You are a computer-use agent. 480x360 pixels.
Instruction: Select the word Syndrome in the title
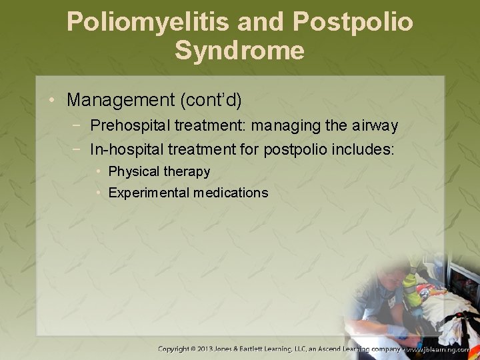(240, 51)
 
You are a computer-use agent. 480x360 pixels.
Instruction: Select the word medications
(231, 193)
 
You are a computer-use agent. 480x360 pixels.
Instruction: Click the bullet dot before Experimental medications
(99, 193)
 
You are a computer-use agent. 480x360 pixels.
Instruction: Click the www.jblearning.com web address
(439, 349)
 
